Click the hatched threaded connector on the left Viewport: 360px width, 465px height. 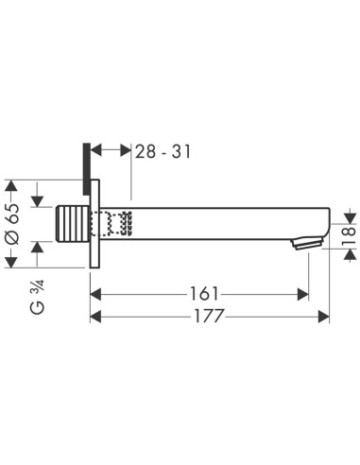[75, 226]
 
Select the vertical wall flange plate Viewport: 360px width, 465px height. [94, 223]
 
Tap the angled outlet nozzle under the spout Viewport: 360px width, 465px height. [301, 244]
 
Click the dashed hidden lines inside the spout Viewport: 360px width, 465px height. [118, 223]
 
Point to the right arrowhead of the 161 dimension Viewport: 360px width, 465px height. [304, 293]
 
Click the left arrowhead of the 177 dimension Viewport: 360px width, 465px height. [95, 317]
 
